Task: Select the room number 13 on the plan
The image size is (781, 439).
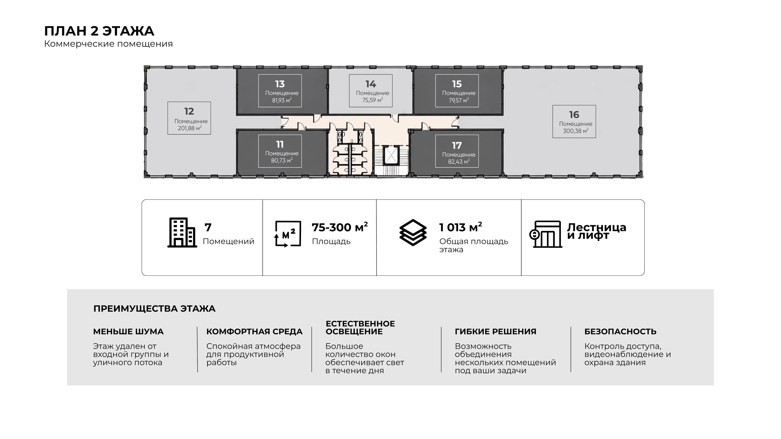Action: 280,84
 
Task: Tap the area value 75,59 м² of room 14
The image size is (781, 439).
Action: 372,100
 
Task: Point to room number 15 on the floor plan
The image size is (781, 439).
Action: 457,84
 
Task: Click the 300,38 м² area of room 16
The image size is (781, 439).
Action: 575,131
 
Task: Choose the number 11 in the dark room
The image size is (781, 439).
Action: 280,144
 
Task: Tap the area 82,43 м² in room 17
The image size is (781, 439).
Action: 459,162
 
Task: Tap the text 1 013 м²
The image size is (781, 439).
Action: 460,227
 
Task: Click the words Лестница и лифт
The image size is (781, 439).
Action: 596,231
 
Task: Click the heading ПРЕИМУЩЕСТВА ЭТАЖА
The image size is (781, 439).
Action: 154,309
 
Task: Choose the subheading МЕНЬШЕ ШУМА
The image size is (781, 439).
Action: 128,331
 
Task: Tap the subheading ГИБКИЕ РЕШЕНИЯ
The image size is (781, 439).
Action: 495,331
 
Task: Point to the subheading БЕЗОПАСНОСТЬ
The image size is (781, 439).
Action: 620,331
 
